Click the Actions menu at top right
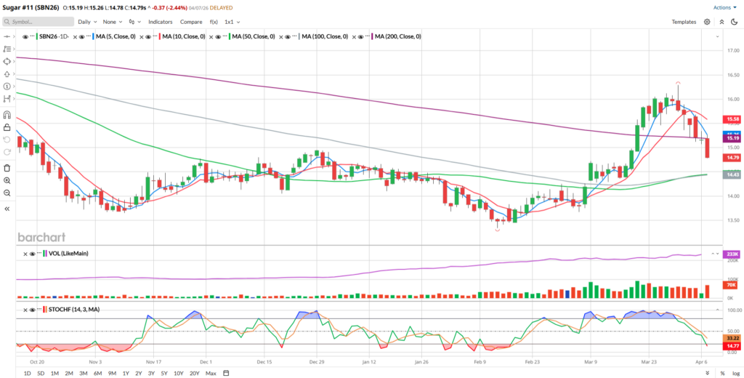tap(721, 7)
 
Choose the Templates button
tap(683, 22)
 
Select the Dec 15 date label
tap(264, 361)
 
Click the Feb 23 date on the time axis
tap(532, 361)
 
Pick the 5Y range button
tap(164, 373)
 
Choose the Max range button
tap(211, 373)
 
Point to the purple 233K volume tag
tap(731, 254)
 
